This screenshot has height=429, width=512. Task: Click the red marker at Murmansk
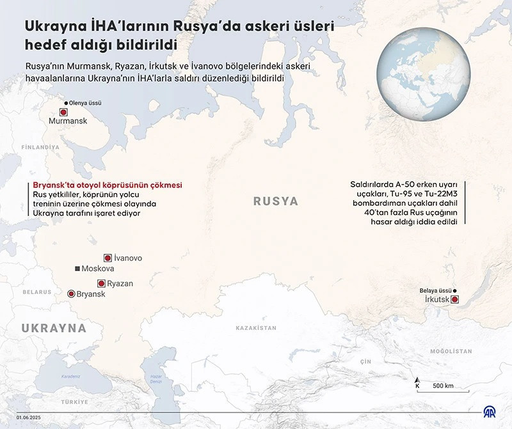[63, 112]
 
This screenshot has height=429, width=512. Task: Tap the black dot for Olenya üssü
[65, 102]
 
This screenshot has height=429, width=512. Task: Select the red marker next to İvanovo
[108, 258]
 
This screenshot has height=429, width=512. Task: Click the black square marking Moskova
[77, 269]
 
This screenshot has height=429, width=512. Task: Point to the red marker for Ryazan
[101, 283]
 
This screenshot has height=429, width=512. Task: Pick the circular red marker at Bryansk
[71, 293]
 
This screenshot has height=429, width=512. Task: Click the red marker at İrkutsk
[454, 299]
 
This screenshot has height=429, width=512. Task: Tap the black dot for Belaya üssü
[454, 290]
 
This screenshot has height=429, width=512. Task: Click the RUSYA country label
[276, 201]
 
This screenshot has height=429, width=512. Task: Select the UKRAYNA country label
[54, 328]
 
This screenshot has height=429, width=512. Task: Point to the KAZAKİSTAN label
[256, 327]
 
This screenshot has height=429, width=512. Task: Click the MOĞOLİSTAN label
[451, 351]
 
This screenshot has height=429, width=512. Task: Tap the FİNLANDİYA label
[40, 147]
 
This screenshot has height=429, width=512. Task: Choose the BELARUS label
[37, 292]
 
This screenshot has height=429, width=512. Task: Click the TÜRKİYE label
[74, 402]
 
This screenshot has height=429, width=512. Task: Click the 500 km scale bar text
[443, 386]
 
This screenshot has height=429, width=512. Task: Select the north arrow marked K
[417, 382]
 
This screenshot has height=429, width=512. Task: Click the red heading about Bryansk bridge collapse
[108, 185]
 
